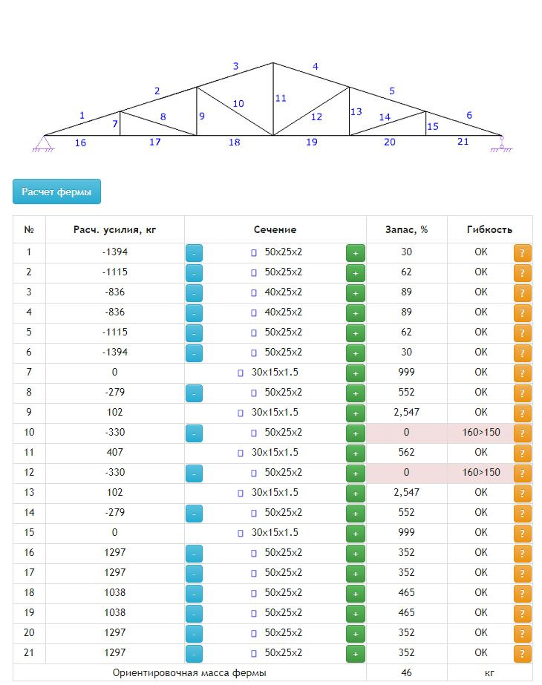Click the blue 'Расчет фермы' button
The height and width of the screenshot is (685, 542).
(56, 191)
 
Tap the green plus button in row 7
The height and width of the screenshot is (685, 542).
(356, 373)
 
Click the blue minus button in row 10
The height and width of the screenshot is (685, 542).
(194, 433)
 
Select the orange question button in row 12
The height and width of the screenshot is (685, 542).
(523, 473)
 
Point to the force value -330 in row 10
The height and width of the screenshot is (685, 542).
(114, 432)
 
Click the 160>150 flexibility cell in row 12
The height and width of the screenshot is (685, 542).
(480, 472)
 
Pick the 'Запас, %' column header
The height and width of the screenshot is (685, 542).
(406, 229)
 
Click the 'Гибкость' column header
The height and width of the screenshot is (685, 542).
(489, 229)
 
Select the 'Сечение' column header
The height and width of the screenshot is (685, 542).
(275, 229)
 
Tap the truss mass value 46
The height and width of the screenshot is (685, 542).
(406, 672)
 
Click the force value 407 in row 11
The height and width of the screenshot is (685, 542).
(114, 452)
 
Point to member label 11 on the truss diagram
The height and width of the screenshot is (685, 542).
(280, 98)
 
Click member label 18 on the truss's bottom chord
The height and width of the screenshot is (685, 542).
(235, 142)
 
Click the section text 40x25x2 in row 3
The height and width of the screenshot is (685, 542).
(283, 292)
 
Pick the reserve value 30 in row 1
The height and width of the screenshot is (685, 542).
(406, 252)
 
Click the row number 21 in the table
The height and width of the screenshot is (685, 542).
(29, 652)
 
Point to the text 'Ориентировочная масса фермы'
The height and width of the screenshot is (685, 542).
(189, 672)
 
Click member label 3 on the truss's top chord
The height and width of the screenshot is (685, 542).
(236, 67)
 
